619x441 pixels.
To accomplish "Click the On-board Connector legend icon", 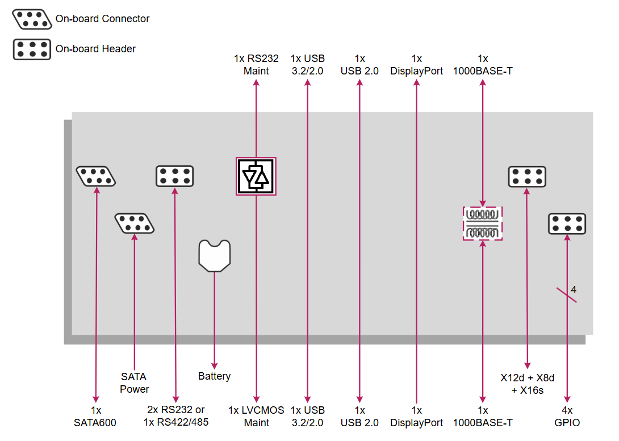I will point(32,19).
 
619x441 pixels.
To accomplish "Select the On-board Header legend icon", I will point(32,49).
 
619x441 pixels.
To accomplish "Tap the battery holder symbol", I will point(214,255).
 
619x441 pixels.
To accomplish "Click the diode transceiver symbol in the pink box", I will point(256,176).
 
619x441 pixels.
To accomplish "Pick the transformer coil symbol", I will point(483,223).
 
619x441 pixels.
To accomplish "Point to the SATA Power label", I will point(134,382).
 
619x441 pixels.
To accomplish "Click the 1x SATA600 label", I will point(95,416).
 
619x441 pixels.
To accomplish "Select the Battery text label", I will point(214,376).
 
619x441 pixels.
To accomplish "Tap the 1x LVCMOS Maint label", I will point(256,416).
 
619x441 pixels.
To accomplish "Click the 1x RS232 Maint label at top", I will point(256,65).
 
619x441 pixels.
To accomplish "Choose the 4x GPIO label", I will point(567,416).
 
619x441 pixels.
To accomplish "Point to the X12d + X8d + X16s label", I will point(527,384).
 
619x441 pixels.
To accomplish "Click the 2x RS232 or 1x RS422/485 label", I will point(175,416).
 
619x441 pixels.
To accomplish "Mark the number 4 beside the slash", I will point(574,290).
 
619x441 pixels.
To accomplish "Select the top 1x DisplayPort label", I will point(417,65).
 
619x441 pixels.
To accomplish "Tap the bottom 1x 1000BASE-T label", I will point(483,416).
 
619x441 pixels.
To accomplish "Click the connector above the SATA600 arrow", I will point(95,176).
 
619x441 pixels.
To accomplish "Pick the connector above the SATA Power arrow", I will point(135,223).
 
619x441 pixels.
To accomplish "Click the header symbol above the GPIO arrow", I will point(567,223).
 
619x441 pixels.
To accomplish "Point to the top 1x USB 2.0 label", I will point(359,65).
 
